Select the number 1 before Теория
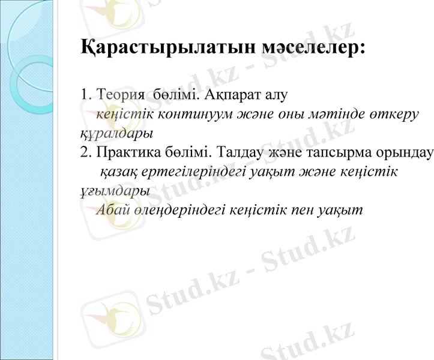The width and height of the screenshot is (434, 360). (83, 94)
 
